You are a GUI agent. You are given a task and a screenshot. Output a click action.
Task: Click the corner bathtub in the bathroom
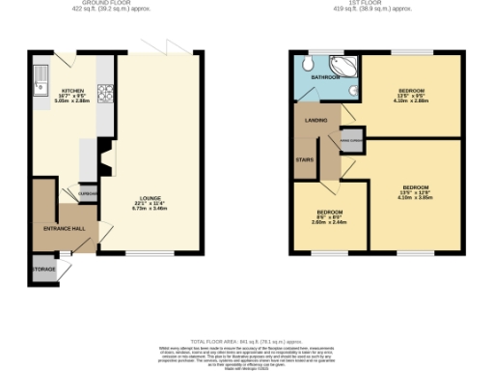348,69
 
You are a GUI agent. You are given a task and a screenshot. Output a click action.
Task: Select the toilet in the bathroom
304,65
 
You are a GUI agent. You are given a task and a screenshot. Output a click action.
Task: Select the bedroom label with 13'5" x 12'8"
415,187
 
